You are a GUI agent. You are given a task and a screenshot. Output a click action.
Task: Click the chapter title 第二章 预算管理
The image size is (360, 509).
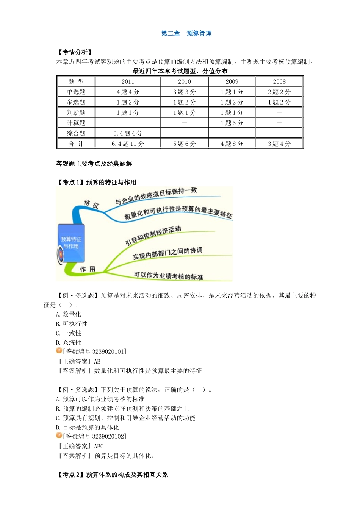point(186,33)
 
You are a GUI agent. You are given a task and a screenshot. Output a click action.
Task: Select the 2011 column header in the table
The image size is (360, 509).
point(128,81)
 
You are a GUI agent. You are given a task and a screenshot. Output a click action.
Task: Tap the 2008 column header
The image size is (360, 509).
point(279,81)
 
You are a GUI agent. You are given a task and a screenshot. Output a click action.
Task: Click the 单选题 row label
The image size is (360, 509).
point(76,92)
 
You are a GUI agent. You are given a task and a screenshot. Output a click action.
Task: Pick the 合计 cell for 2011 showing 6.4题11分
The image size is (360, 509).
point(128,144)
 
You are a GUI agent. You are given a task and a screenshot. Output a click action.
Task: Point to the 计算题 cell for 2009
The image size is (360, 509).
point(232,123)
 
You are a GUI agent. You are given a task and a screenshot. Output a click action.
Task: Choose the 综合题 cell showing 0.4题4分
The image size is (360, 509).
point(128,133)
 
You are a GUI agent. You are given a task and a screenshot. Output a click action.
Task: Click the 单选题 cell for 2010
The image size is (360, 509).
point(184,92)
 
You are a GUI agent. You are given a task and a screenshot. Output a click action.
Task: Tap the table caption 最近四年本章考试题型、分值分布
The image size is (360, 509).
point(180,71)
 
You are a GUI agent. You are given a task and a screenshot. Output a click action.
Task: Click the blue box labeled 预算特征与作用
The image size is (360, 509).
point(71,242)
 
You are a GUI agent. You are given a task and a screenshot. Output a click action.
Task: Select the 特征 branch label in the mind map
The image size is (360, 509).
point(91,204)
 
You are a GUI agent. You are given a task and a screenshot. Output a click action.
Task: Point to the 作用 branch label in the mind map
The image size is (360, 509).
point(87,269)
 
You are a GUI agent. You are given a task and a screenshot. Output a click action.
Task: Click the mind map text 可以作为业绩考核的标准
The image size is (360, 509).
point(168,276)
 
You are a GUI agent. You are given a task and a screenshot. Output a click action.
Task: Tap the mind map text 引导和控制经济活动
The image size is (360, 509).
point(153,236)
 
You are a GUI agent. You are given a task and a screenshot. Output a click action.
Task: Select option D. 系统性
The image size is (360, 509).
point(69,343)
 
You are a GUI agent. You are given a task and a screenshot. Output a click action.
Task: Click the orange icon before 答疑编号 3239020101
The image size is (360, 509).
point(59,351)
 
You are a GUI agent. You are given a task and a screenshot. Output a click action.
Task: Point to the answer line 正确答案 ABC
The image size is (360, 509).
point(80,447)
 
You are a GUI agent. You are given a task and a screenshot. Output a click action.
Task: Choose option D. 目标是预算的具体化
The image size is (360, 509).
point(88,428)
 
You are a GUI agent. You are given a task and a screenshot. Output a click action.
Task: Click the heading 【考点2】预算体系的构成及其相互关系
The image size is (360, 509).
point(112,475)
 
